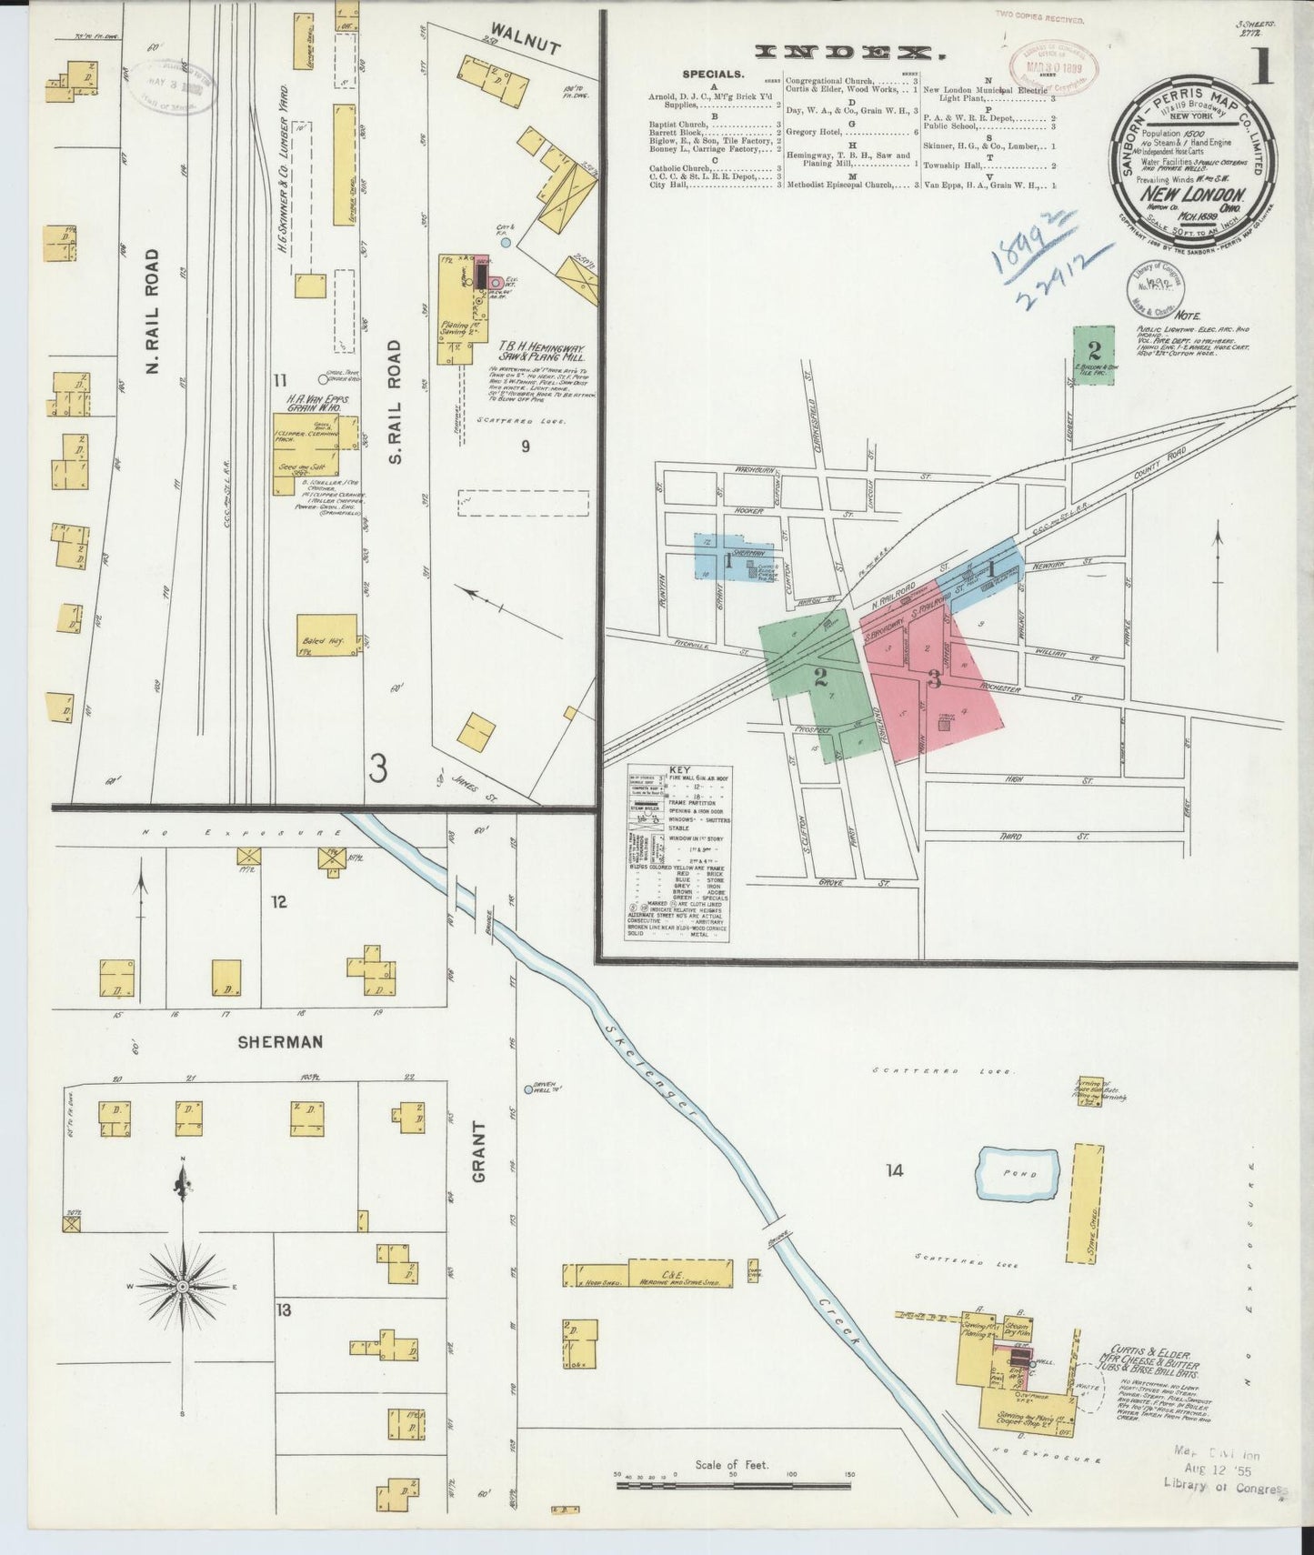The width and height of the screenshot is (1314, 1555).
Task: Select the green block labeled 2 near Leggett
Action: pyautogui.click(x=1094, y=355)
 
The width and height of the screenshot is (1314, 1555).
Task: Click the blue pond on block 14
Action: pyautogui.click(x=1018, y=1175)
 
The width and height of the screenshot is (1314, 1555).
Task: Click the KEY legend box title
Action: pyautogui.click(x=678, y=770)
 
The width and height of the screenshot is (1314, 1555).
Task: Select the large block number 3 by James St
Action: pyautogui.click(x=378, y=769)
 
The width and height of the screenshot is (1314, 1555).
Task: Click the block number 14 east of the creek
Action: pyautogui.click(x=895, y=1169)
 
